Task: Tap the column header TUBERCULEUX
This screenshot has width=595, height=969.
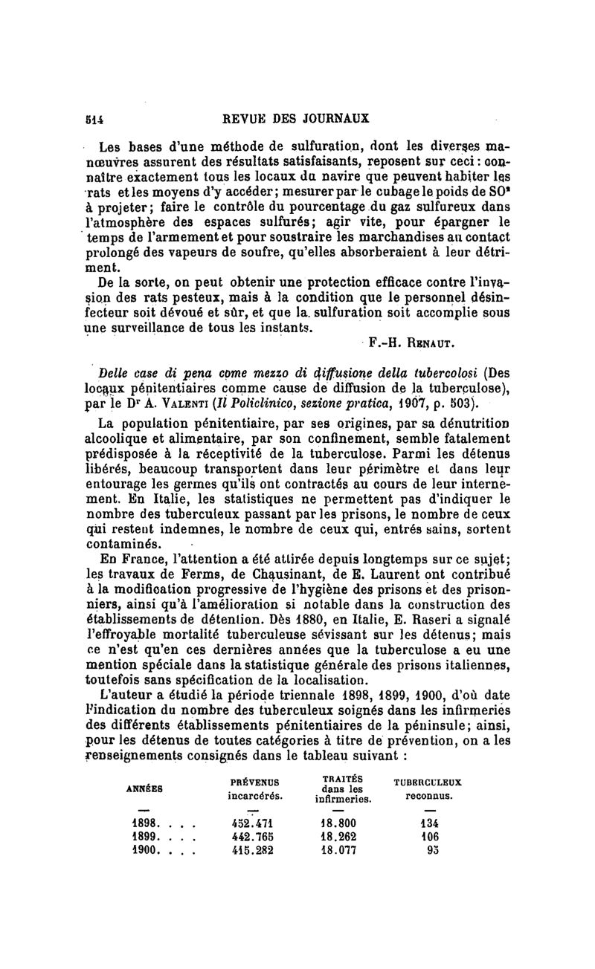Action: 427,782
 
